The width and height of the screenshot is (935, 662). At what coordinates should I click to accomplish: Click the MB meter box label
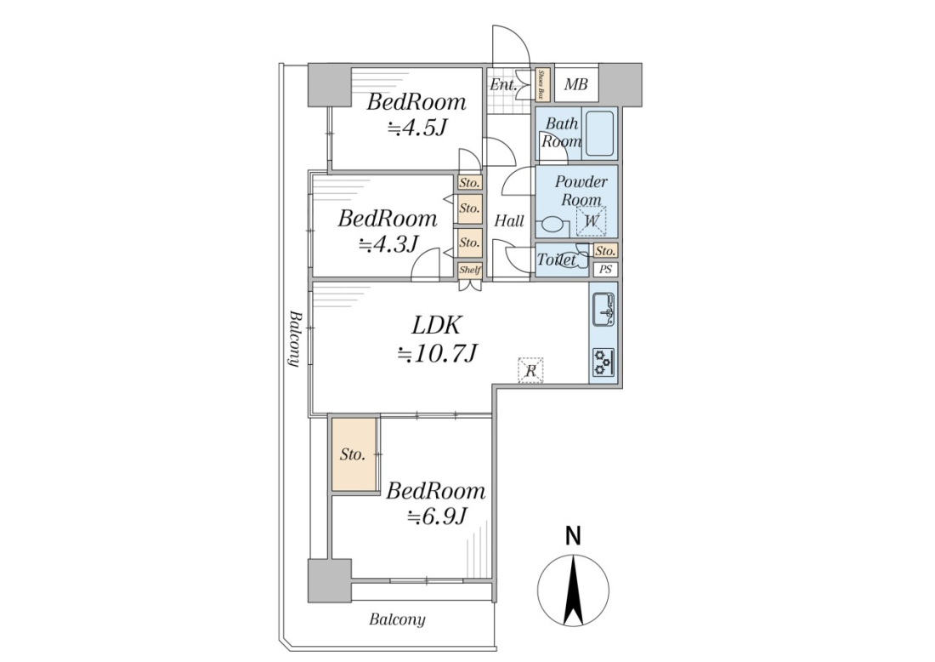click(x=575, y=84)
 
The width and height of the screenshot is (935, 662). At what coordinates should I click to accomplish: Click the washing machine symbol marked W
click(x=591, y=221)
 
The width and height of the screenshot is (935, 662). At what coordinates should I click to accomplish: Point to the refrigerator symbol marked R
click(x=530, y=370)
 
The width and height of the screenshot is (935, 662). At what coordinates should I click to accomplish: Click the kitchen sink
click(x=603, y=309)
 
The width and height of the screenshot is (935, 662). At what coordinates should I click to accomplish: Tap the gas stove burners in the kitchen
click(x=603, y=361)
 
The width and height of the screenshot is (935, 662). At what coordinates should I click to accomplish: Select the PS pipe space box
click(x=605, y=269)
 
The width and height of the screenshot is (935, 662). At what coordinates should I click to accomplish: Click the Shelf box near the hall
click(x=470, y=270)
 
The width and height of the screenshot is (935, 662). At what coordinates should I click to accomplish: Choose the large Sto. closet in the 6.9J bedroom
click(x=354, y=455)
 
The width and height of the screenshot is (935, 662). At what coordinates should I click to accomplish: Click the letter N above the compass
click(x=573, y=536)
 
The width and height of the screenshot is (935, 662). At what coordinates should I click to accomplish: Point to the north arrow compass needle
click(x=573, y=591)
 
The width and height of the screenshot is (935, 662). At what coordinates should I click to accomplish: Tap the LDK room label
click(x=437, y=325)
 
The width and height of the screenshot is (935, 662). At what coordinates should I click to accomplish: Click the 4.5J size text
click(x=417, y=128)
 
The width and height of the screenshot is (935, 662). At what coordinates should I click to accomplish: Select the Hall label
click(x=509, y=221)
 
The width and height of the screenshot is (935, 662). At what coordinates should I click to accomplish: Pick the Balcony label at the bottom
click(x=397, y=619)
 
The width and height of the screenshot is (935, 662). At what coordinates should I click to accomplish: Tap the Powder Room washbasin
click(x=550, y=226)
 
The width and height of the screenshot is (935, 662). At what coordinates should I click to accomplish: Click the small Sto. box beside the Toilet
click(x=605, y=251)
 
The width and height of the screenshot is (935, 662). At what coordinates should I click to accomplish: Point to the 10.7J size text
click(x=438, y=354)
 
